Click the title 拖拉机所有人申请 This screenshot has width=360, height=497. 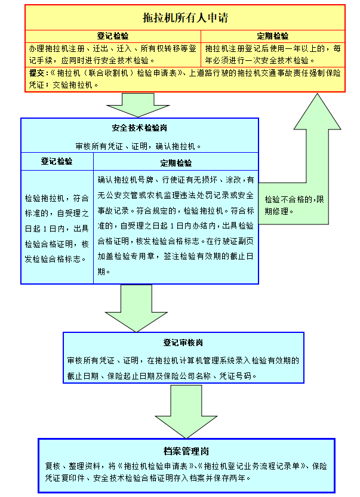click(185, 17)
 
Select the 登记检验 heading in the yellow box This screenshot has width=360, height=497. click(113, 36)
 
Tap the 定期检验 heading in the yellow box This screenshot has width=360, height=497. click(273, 36)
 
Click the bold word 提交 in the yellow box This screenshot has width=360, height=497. click(37, 73)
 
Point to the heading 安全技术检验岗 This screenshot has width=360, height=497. click(140, 128)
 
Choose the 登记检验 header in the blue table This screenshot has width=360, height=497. click(57, 161)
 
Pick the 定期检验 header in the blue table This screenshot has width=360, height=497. click(176, 163)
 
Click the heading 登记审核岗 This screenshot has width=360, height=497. click(183, 342)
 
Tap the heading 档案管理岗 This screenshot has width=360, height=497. click(186, 451)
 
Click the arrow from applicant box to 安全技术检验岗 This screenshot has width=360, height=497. click(138, 105)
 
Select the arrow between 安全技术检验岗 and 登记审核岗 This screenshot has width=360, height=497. click(136, 308)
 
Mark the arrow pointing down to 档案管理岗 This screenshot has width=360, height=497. click(186, 412)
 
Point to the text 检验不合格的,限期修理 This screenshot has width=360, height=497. click(294, 205)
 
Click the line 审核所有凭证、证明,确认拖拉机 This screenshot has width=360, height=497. click(139, 146)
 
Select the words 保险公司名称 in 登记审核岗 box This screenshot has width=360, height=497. click(187, 376)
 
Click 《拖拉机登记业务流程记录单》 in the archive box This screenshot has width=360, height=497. click(253, 466)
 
